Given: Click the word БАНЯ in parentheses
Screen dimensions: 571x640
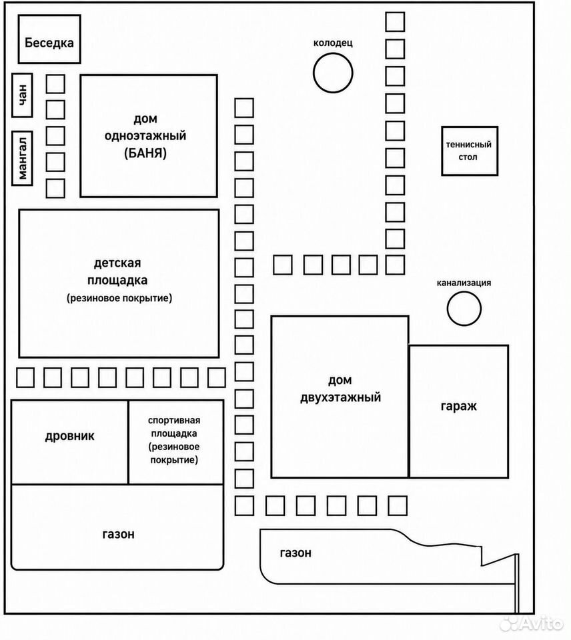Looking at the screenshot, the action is coord(145,153).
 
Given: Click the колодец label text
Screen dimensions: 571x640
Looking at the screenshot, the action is coord(333,43).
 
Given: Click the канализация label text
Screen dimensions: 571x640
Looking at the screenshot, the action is coord(464,283).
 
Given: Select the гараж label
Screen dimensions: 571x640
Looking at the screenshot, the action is coord(459,407).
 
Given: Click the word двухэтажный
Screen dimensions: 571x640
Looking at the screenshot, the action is coord(341,397).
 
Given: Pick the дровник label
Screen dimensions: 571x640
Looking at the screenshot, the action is coord(69,436).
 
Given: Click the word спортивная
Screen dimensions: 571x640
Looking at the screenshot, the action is coord(174,421).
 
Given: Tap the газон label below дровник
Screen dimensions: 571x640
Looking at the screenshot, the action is coord(118,534).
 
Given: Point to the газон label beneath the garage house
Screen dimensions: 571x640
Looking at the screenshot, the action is coord(296,553).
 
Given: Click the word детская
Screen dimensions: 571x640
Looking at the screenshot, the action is coord(117,263).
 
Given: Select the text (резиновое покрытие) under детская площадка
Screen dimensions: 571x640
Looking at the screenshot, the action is coord(119,298).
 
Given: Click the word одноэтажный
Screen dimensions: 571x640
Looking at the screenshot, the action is coord(145,136).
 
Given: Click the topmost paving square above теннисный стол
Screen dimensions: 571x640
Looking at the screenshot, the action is coord(395,21).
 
